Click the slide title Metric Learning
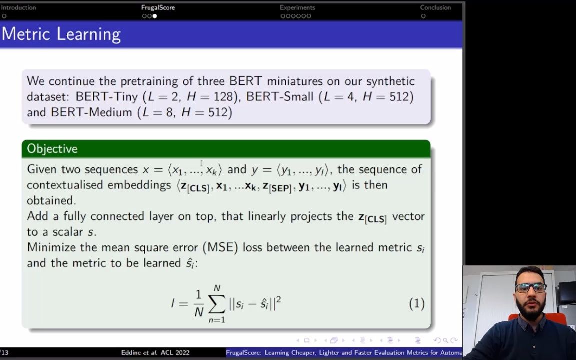coord(61,34)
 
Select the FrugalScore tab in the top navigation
coord(158,7)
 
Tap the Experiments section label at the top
coord(297,7)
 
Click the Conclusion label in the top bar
coord(435,7)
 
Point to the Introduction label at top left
coord(18,7)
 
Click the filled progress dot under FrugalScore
coord(155,16)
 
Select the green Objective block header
coord(226,149)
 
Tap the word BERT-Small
coord(280,96)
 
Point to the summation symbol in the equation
coord(216,304)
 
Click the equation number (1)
coord(417,304)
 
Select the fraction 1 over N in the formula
coord(198,304)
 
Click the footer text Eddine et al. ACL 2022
coord(155,352)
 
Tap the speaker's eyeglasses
coord(531,287)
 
